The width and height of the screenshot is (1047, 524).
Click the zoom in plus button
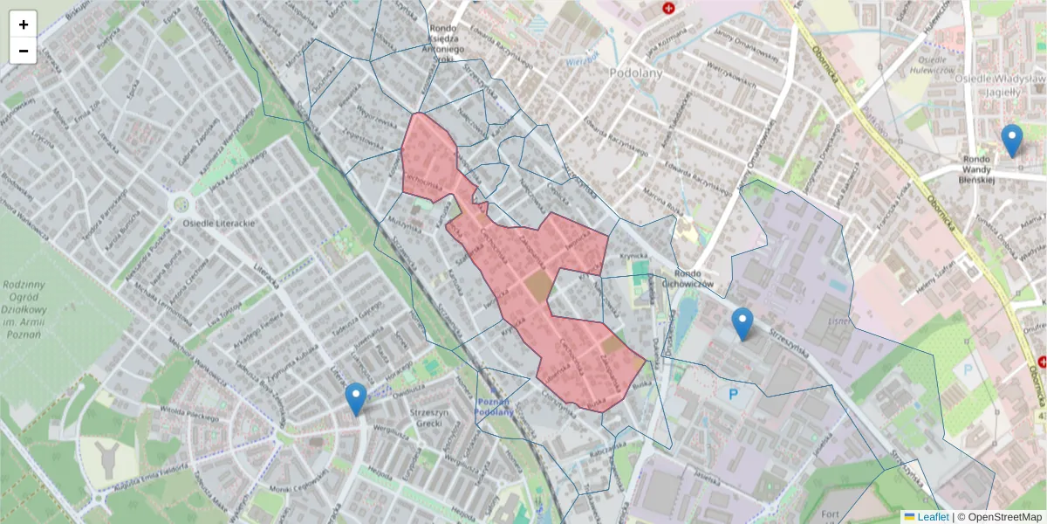[24, 24]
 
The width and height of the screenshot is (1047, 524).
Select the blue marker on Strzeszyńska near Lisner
[742, 324]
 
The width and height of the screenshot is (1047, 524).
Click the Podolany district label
[636, 73]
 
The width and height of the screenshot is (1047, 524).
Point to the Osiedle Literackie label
[219, 224]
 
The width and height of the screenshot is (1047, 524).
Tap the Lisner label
[838, 321]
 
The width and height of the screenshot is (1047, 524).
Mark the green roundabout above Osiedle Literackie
[181, 204]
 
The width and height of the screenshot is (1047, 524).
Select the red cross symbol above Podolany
[669, 8]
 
